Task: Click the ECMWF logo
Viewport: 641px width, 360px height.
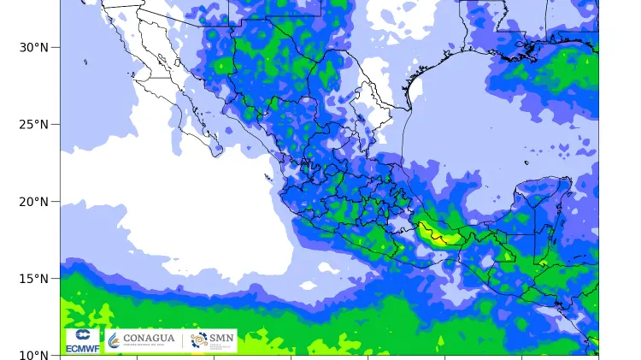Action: pos(83,340)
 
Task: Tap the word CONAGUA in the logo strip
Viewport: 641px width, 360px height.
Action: pos(149,339)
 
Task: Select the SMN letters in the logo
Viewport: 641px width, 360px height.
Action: pos(221,339)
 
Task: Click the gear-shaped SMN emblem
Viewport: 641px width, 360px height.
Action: pos(199,340)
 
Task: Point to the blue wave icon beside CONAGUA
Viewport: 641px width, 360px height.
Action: pos(114,340)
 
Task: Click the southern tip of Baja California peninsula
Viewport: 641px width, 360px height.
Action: pos(215,155)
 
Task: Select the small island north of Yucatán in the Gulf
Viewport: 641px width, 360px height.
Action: pos(526,162)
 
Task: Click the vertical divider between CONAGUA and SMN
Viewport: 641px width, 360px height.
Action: pos(182,340)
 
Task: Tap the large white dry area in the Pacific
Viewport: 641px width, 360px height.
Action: pos(171,205)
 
